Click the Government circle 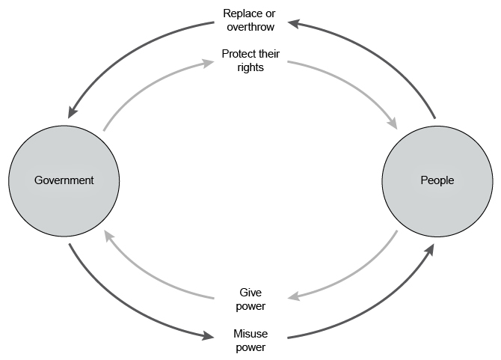click(64, 180)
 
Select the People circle click(437, 180)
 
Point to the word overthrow click(250, 26)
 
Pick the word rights click(250, 67)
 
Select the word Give click(250, 293)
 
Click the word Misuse click(250, 334)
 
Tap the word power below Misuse click(250, 347)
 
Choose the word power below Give click(250, 305)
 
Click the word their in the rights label click(268, 54)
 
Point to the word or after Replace click(271, 13)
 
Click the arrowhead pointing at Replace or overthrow click(294, 24)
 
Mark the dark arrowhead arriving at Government click(73, 112)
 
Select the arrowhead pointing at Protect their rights click(206, 63)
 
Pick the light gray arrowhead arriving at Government click(109, 236)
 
